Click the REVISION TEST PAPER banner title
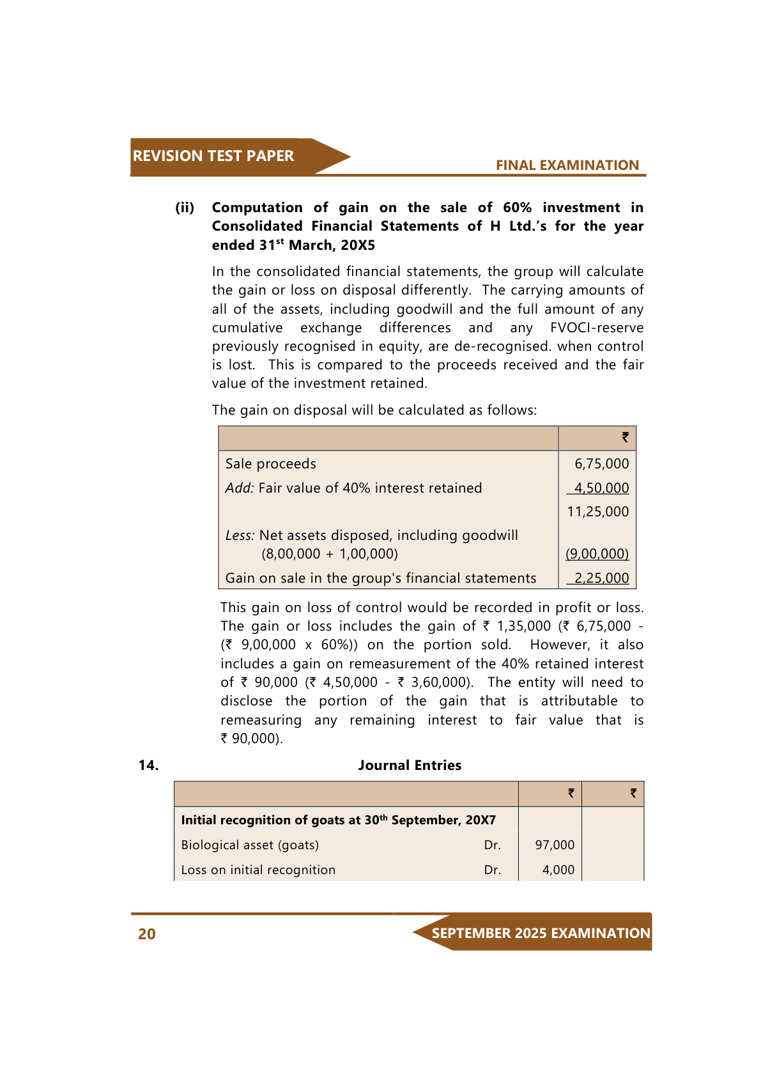click(x=213, y=156)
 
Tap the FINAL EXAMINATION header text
click(x=567, y=165)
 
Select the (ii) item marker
click(x=185, y=208)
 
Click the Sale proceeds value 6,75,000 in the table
click(x=601, y=464)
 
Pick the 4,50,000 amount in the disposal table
click(x=601, y=488)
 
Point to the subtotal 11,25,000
click(x=597, y=512)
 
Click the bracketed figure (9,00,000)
click(x=597, y=554)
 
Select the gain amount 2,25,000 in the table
click(x=601, y=578)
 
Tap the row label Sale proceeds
click(x=270, y=464)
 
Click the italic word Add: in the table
click(x=240, y=488)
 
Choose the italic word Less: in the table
click(x=240, y=535)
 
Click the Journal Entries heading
click(x=410, y=765)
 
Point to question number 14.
click(x=148, y=765)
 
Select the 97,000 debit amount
click(x=555, y=845)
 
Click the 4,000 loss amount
click(x=558, y=870)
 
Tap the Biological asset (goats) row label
click(x=250, y=845)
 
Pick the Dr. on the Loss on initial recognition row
click(x=492, y=870)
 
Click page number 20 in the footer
click(x=147, y=934)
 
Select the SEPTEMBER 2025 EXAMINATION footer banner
click(x=541, y=934)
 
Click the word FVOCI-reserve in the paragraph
click(x=596, y=328)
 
